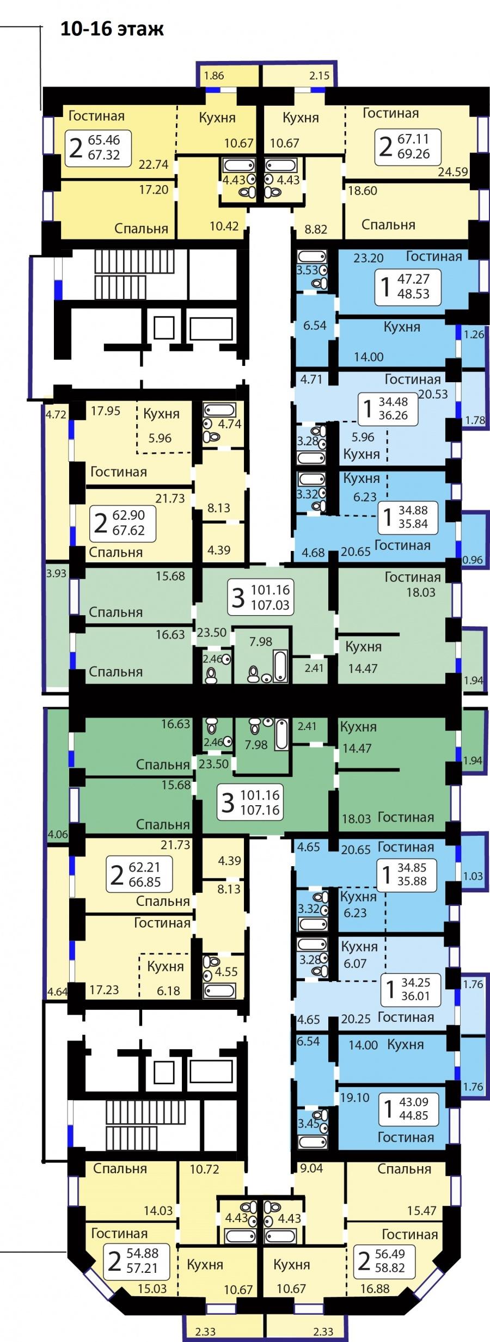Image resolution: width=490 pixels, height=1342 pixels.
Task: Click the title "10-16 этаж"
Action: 112,28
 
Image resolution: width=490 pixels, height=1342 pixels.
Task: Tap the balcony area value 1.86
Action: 214,76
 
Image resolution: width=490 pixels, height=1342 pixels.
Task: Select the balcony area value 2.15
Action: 320,76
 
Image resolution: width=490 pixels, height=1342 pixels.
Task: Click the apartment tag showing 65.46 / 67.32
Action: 98,147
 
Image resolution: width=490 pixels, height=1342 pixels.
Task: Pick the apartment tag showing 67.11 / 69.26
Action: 407,146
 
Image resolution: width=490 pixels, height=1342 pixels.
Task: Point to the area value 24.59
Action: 453,172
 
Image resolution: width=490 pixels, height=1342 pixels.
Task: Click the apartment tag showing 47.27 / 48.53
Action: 407,286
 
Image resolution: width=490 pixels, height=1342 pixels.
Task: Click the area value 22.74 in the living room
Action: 154,164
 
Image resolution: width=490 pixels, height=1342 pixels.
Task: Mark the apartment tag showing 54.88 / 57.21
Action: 137,1261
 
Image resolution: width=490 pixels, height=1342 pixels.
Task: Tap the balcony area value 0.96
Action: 472,560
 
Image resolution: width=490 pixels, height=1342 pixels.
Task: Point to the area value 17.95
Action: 106,411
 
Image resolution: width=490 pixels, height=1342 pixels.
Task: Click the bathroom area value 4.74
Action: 229,424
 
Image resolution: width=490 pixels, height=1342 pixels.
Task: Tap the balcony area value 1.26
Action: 473,334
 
